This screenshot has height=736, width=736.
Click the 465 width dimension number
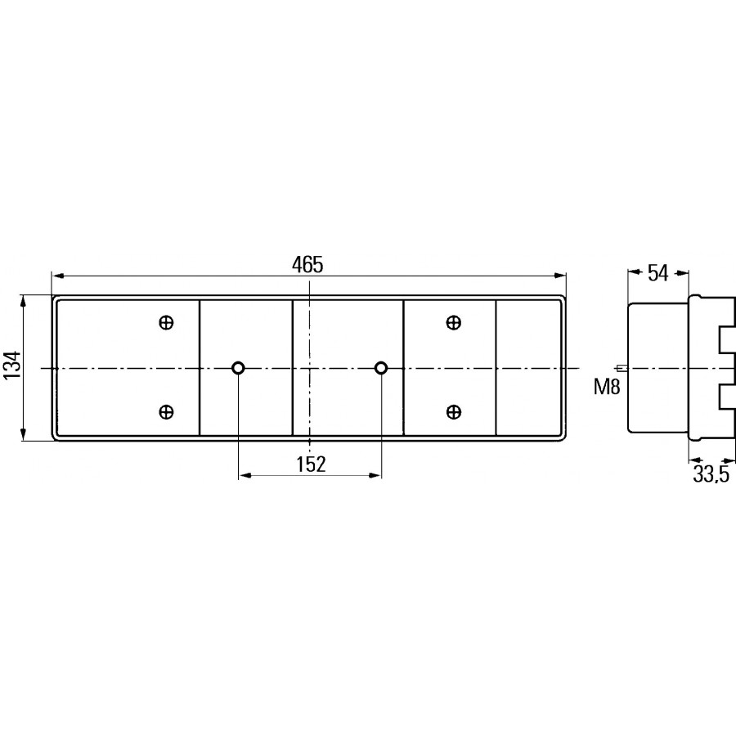coord(307,265)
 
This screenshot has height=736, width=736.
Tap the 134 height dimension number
coord(12,365)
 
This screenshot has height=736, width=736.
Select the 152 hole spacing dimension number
coord(311,464)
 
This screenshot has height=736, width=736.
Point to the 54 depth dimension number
coord(657,273)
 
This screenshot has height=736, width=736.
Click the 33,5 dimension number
coord(711,474)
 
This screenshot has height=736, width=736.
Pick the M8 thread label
coord(607,387)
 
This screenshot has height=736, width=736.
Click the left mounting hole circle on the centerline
coord(239,368)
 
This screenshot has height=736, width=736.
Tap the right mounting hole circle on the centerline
coord(381,368)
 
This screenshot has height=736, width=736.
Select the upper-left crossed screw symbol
coord(166,323)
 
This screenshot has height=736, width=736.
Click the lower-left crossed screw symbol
coord(166,412)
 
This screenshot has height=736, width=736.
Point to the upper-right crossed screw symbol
coord(453,323)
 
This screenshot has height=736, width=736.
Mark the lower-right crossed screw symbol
coord(453,412)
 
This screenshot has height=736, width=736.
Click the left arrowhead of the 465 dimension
coord(57,276)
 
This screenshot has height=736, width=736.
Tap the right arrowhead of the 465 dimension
coord(560,276)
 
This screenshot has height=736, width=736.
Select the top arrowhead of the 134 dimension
coord(23,301)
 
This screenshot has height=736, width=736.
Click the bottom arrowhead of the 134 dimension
coord(23,435)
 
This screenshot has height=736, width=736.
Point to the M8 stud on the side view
coord(622,368)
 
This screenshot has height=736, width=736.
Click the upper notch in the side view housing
coord(726,340)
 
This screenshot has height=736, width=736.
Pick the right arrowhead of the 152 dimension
coord(375,476)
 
